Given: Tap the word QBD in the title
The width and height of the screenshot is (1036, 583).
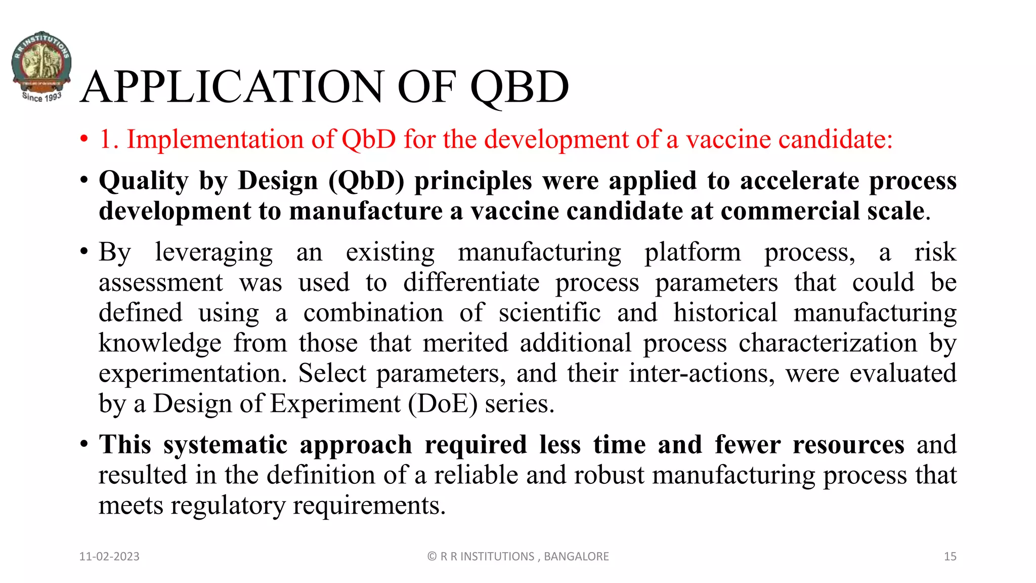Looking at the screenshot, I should click(x=520, y=87).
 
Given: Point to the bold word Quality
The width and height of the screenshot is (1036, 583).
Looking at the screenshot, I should click(x=144, y=181).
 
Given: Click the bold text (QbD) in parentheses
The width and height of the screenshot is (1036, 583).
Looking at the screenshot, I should click(x=366, y=181).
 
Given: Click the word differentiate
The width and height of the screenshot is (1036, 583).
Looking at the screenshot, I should click(x=471, y=283).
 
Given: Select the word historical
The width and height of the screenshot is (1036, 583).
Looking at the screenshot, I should click(x=725, y=313).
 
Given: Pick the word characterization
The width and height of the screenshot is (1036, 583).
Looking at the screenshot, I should click(x=828, y=344).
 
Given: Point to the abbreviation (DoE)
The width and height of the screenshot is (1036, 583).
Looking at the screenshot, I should click(x=443, y=404).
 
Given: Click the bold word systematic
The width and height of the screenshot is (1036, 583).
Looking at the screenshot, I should click(x=225, y=445).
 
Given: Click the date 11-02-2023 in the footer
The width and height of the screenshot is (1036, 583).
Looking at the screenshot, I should click(x=109, y=557).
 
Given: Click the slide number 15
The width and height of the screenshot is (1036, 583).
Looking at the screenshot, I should click(x=949, y=557).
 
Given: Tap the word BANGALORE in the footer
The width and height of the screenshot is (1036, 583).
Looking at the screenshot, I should click(x=576, y=557).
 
